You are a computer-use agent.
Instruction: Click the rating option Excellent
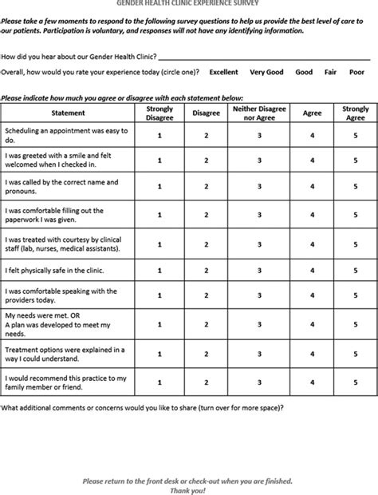tap(223, 72)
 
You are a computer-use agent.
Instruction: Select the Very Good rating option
tap(266, 72)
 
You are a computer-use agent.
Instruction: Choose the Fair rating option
tap(331, 72)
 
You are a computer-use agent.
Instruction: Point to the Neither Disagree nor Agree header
tap(259, 113)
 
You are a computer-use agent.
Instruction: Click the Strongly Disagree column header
tap(159, 113)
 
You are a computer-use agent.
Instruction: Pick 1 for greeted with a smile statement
tap(159, 160)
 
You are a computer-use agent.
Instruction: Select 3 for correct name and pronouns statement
tap(259, 188)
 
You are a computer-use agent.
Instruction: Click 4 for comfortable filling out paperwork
tap(313, 215)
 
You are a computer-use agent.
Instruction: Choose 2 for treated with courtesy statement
tap(206, 243)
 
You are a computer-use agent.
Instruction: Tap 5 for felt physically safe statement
tap(355, 270)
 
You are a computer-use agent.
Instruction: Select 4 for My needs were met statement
tap(313, 325)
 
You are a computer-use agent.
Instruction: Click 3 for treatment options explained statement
tap(259, 354)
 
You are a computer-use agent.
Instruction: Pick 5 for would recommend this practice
tap(355, 382)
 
